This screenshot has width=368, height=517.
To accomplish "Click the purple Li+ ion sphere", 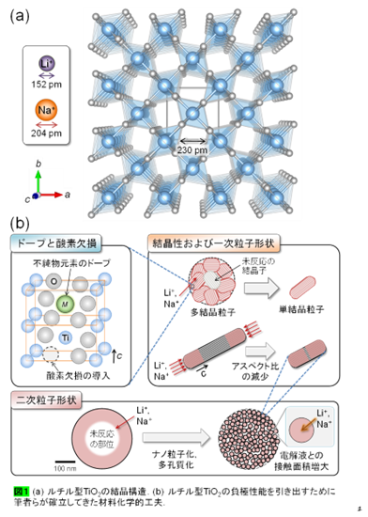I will click(47, 64).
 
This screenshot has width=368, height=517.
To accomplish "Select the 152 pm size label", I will click(47, 84).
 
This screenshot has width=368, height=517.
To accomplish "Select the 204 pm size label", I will click(47, 133).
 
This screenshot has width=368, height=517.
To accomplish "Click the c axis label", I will click(27, 199).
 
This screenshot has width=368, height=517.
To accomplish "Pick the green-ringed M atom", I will click(64, 304).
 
